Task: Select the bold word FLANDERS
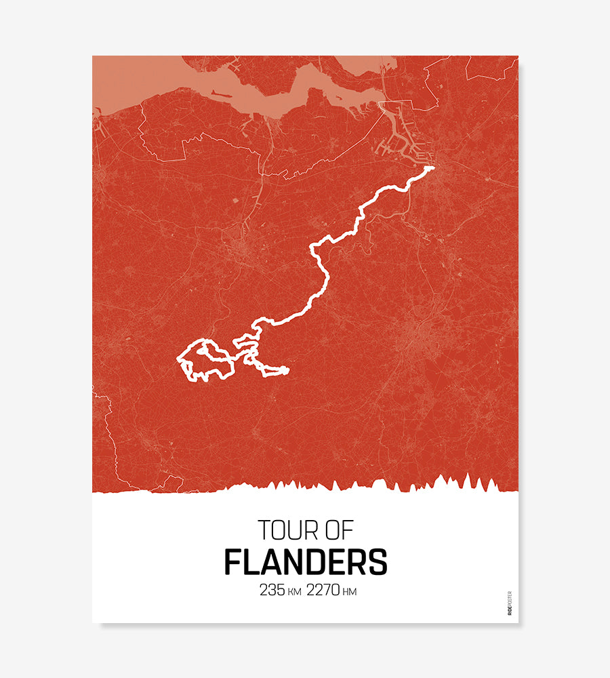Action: point(306,562)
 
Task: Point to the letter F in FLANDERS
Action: point(233,562)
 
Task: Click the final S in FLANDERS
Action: point(378,562)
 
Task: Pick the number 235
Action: point(272,591)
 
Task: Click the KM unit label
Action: point(294,593)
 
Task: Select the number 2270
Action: point(323,591)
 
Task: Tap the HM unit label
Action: point(350,593)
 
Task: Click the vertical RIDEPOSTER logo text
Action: point(510,603)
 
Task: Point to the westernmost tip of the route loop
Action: point(178,358)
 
